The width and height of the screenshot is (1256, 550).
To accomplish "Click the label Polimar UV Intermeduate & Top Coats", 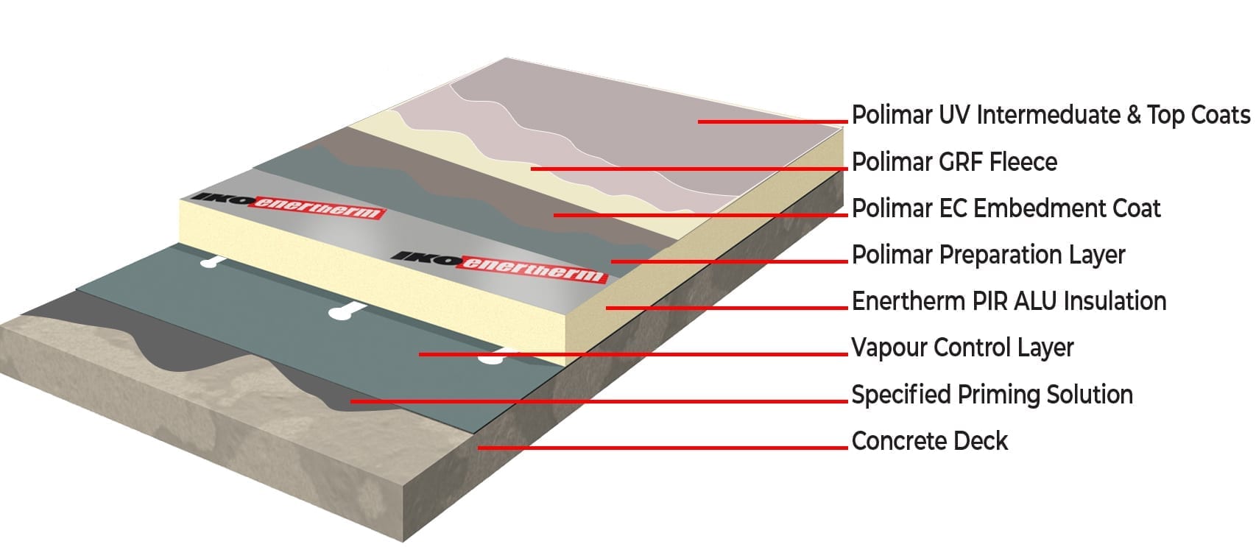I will pyautogui.click(x=1051, y=116).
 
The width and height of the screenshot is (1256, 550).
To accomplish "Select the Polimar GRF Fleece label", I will pyautogui.click(x=954, y=162).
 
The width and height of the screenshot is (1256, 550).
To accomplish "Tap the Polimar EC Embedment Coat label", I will pyautogui.click(x=1006, y=209).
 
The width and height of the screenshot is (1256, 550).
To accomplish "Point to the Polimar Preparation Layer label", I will pyautogui.click(x=988, y=255).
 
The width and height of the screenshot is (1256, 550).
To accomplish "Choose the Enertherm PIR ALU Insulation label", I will pyautogui.click(x=1009, y=302).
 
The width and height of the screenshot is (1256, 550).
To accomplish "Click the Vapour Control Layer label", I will pyautogui.click(x=962, y=348).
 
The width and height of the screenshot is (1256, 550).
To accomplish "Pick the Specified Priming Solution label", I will pyautogui.click(x=992, y=395).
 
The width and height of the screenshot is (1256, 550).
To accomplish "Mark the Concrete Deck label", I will pyautogui.click(x=929, y=441).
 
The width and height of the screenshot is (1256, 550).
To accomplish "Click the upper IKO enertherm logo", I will pyautogui.click(x=288, y=205).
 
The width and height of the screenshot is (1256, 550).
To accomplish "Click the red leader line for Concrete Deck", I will pyautogui.click(x=663, y=447).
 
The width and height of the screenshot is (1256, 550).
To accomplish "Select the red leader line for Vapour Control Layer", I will pyautogui.click(x=633, y=354).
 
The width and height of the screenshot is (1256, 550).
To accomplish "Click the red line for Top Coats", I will pyautogui.click(x=772, y=121).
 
